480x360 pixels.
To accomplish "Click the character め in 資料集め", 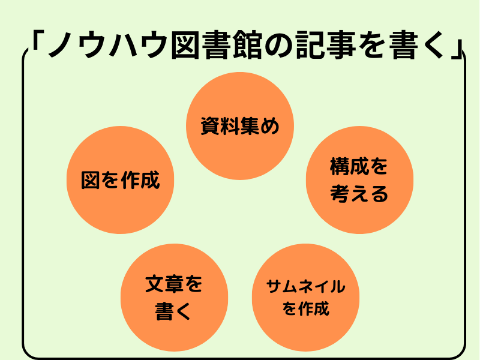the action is coord(270,127).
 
